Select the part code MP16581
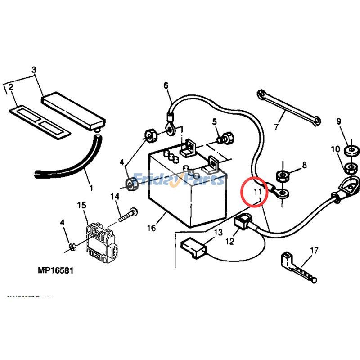56,271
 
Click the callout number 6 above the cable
166,85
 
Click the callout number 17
314,250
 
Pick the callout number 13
218,233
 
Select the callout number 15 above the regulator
81,206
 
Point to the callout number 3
33,70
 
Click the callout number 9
338,121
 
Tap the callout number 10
336,149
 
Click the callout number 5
215,121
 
